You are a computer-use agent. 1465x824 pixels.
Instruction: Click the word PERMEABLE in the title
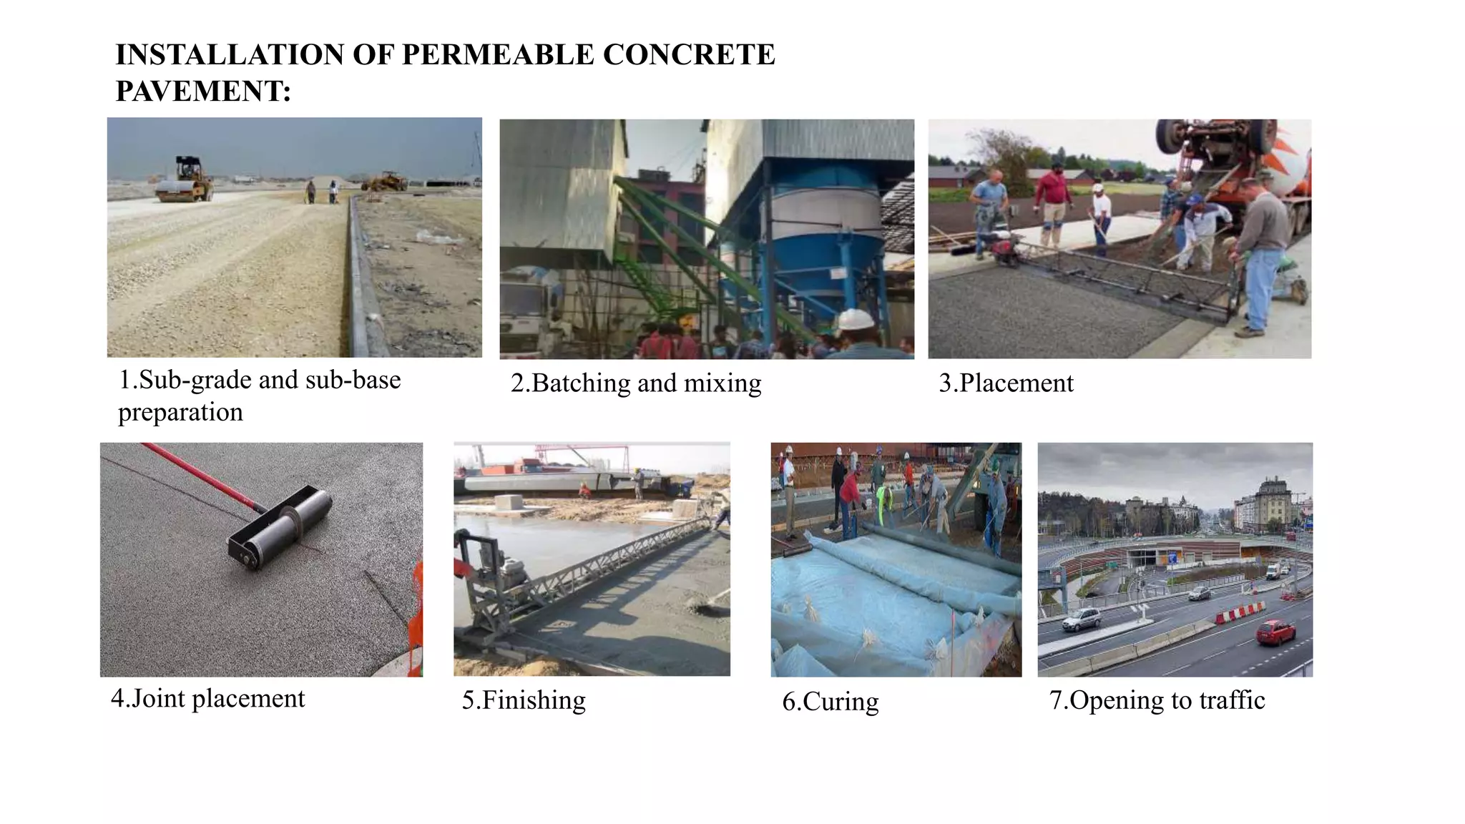498,55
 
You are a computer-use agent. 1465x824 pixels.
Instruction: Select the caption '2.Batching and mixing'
636,383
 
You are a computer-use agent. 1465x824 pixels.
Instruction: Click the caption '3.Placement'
1006,383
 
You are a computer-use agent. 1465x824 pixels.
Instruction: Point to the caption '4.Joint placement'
208,698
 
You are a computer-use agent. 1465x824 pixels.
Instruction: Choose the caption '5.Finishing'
524,700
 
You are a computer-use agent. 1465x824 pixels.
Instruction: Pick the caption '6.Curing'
831,702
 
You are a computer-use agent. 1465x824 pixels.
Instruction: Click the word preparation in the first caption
180,413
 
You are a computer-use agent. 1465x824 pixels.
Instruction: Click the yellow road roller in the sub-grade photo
185,180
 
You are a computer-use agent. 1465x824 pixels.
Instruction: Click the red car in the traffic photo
1276,632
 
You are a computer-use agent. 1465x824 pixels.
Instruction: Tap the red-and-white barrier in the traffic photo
1240,612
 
